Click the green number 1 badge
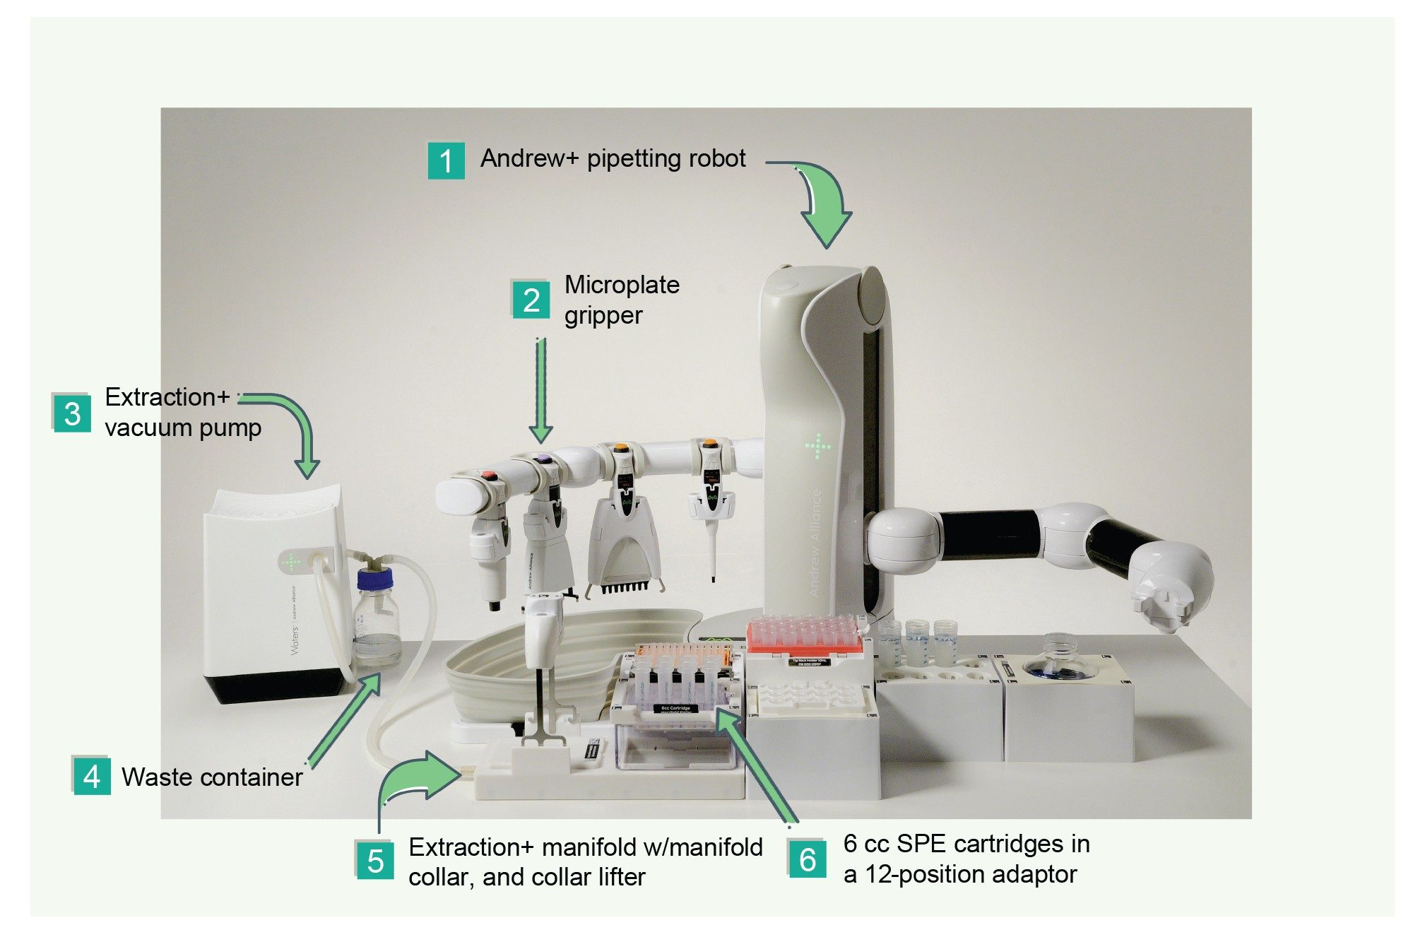click(446, 160)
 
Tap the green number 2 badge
click(531, 300)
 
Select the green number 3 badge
click(72, 413)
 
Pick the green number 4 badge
click(92, 777)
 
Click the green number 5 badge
click(375, 860)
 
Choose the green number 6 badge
click(808, 859)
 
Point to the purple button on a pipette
click(543, 459)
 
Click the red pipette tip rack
click(804, 634)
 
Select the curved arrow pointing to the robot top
click(820, 202)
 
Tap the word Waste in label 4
click(156, 777)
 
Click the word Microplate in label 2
click(622, 285)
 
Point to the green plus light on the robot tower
click(818, 446)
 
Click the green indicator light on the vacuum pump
click(290, 563)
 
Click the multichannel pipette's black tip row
click(623, 587)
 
